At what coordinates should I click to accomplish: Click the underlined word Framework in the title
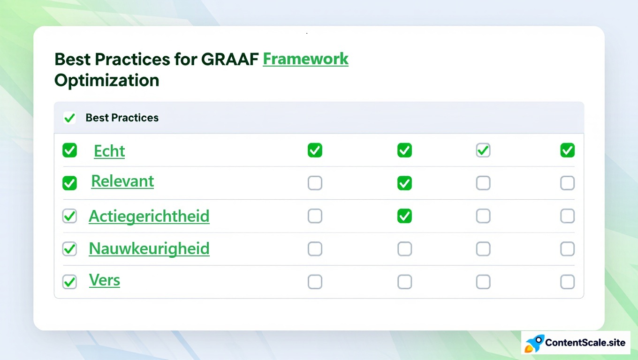click(305, 59)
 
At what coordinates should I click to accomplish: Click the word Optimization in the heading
click(107, 80)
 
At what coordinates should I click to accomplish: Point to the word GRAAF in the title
click(230, 59)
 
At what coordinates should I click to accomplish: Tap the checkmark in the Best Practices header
click(69, 118)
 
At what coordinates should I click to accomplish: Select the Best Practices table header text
click(122, 118)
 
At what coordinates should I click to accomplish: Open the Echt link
click(109, 151)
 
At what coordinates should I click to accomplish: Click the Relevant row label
click(122, 181)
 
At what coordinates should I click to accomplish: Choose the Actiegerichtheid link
click(149, 216)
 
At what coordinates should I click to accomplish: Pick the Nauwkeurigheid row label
click(149, 248)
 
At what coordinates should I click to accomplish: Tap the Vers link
click(105, 280)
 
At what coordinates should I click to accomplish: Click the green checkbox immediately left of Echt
click(69, 150)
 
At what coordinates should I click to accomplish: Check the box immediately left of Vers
click(69, 282)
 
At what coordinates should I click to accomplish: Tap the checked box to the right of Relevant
click(404, 183)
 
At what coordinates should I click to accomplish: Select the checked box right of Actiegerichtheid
click(404, 216)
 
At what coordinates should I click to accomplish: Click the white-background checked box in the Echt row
click(483, 150)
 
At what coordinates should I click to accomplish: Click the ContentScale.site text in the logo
click(585, 343)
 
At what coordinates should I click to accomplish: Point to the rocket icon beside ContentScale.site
click(534, 343)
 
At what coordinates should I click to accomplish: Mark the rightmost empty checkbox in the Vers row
click(568, 282)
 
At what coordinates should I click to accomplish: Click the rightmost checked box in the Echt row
click(568, 150)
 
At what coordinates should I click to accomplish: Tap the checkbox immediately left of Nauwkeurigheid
click(69, 249)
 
